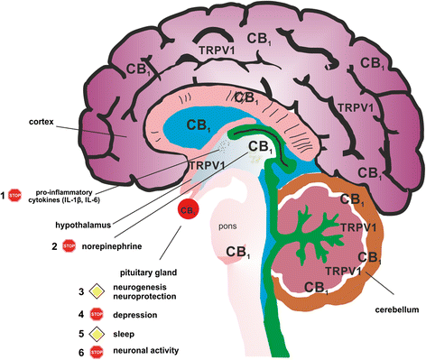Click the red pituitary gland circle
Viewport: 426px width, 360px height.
click(x=188, y=209)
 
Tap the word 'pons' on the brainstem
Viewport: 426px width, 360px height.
click(x=227, y=226)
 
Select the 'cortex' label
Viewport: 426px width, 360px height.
click(x=42, y=122)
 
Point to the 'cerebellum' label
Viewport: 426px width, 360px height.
click(x=397, y=309)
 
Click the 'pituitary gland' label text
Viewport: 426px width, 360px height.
click(x=148, y=272)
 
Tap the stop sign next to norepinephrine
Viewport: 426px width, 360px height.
click(x=69, y=246)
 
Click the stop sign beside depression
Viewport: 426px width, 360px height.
click(x=97, y=315)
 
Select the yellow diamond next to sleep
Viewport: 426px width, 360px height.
click(x=97, y=334)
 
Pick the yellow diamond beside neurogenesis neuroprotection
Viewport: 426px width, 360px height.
click(x=97, y=291)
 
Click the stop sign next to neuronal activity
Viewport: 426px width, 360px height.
click(x=97, y=351)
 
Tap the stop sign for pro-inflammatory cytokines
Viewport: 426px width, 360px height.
click(x=14, y=196)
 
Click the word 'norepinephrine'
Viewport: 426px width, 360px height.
click(x=112, y=246)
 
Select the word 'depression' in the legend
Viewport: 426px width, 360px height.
click(x=135, y=315)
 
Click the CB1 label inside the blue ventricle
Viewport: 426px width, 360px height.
click(x=198, y=125)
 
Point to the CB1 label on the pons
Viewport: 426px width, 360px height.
click(x=238, y=252)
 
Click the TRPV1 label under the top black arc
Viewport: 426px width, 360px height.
click(x=217, y=51)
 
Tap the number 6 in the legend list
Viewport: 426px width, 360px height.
click(x=81, y=352)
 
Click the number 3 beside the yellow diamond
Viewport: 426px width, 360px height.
click(x=81, y=291)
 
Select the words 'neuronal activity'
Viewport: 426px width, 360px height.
click(x=146, y=351)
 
